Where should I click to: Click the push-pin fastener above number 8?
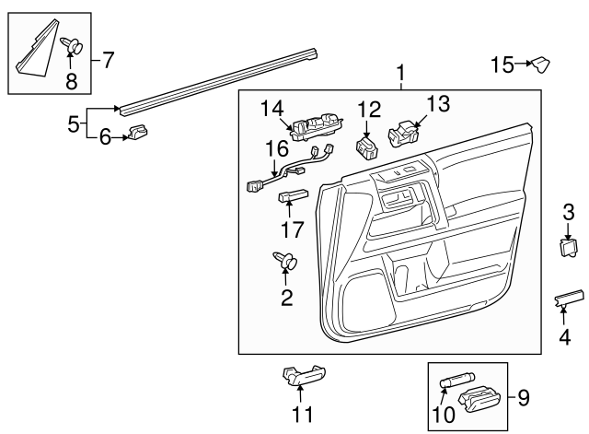pos(73,43)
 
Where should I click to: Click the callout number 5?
pos(75,123)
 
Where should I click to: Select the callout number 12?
pos(368,110)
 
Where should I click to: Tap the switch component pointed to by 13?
pos(403,135)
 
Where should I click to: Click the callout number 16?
pos(277,148)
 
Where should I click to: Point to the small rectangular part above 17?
pos(294,194)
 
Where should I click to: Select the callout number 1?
pos(400,73)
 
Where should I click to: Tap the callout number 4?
pos(564,338)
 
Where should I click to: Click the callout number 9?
pos(524,398)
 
